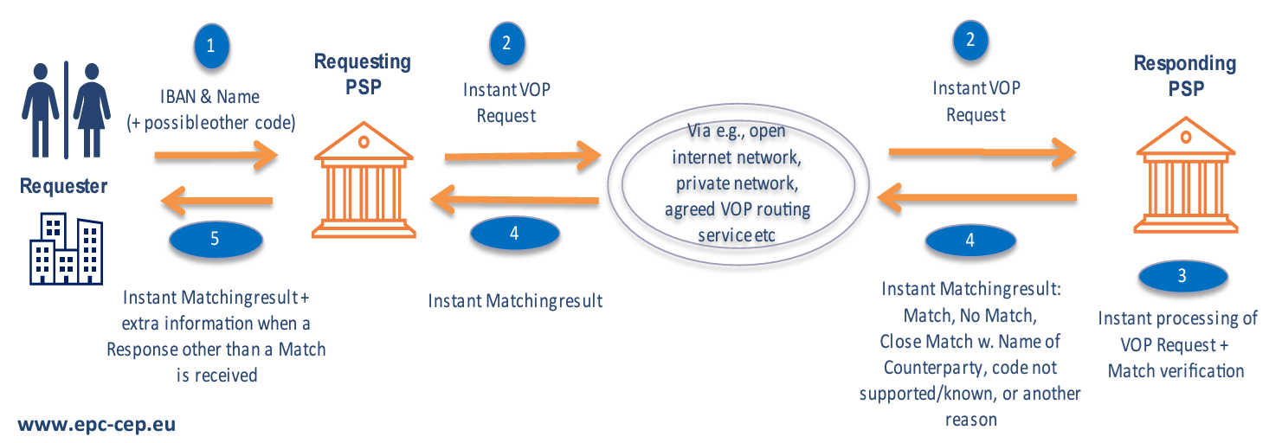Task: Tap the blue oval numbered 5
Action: pyautogui.click(x=215, y=240)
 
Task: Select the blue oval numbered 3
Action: pyautogui.click(x=1182, y=276)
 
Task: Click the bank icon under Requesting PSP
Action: pyautogui.click(x=364, y=183)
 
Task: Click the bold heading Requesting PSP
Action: pyautogui.click(x=363, y=74)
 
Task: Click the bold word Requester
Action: pyautogui.click(x=64, y=186)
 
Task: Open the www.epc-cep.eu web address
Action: pyautogui.click(x=96, y=425)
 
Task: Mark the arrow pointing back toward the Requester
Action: pyautogui.click(x=216, y=203)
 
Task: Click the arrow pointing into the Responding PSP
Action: pyautogui.click(x=982, y=154)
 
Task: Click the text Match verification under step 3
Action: pyautogui.click(x=1176, y=371)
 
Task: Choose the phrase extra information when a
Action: pyautogui.click(x=216, y=324)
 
